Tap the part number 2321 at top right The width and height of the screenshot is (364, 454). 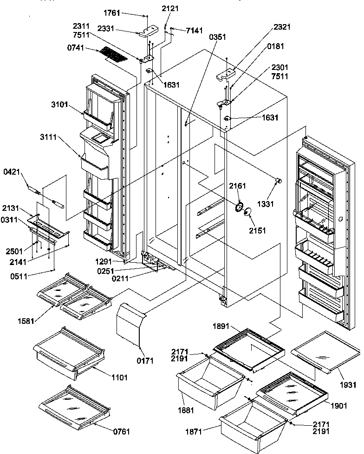282,27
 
